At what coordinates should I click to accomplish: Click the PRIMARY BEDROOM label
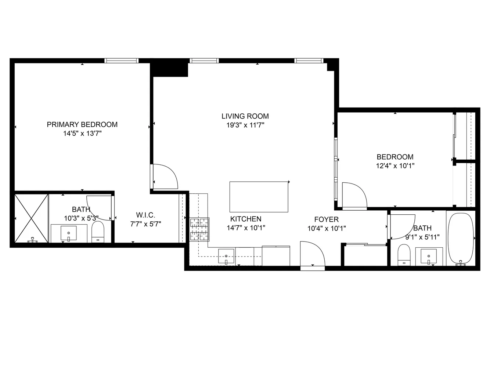pos(82,124)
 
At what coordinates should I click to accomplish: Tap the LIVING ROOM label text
pos(245,116)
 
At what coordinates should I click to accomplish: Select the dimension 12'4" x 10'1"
pos(395,166)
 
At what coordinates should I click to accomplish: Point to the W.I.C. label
pos(145,215)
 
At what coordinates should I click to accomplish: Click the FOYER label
pos(326,219)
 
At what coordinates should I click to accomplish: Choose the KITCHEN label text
pos(246,219)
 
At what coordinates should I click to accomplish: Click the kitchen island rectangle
pos(259,197)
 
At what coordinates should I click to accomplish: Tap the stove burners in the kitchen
pos(199,229)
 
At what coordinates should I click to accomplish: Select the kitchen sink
pos(226,256)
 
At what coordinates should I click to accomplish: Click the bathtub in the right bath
pos(461,239)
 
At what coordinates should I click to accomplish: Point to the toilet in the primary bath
pos(98,232)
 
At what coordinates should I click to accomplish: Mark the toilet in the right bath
pos(404,255)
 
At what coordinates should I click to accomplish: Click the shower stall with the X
pos(31,218)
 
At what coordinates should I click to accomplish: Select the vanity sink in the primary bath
pos(68,234)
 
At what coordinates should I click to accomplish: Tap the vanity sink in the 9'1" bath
pos(429,256)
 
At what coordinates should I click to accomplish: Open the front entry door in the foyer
pos(312,256)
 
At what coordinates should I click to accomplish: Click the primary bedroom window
pos(122,61)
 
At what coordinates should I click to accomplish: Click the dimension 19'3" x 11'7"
pos(245,125)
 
